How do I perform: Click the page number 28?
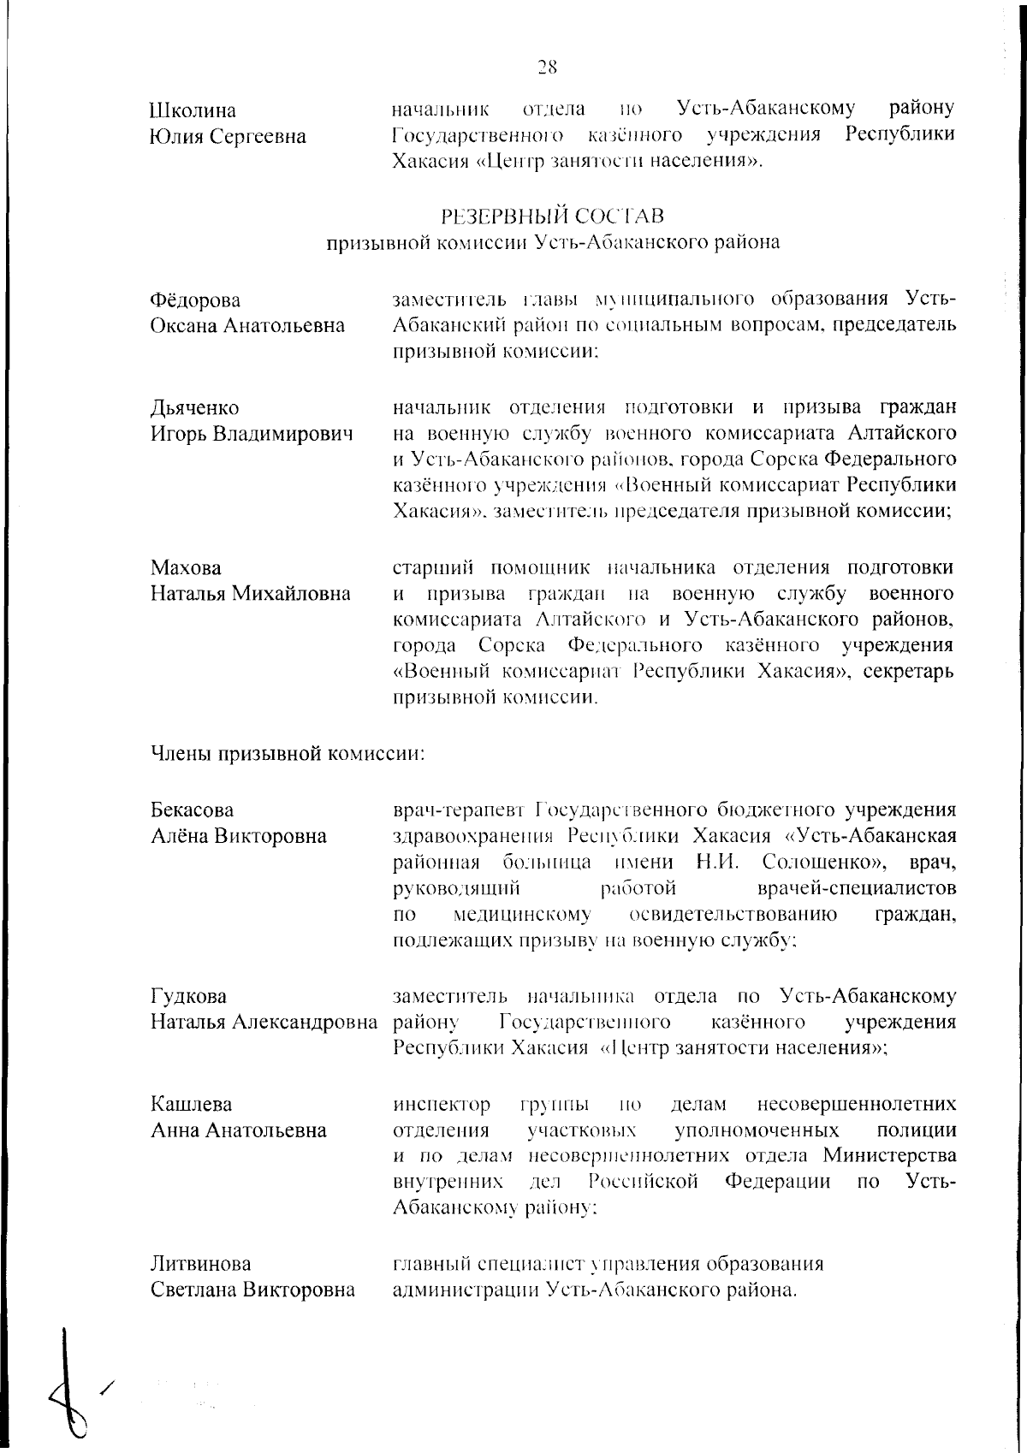pyautogui.click(x=548, y=65)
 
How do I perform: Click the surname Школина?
pyautogui.click(x=193, y=110)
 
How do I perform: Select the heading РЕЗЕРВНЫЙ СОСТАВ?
pyautogui.click(x=552, y=215)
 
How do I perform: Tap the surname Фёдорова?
pyautogui.click(x=195, y=300)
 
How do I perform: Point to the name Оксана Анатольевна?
pyautogui.click(x=248, y=326)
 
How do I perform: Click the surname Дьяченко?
pyautogui.click(x=195, y=407)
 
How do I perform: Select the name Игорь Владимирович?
pyautogui.click(x=252, y=434)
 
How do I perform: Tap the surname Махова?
pyautogui.click(x=186, y=568)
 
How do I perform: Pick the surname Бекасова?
pyautogui.click(x=193, y=810)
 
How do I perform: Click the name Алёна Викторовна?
pyautogui.click(x=239, y=836)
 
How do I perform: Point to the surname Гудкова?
pyautogui.click(x=189, y=996)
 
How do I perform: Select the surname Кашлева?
pyautogui.click(x=192, y=1104)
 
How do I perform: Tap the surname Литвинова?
pyautogui.click(x=201, y=1264)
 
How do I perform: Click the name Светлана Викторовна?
pyautogui.click(x=252, y=1290)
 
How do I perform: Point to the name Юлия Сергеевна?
pyautogui.click(x=229, y=136)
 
